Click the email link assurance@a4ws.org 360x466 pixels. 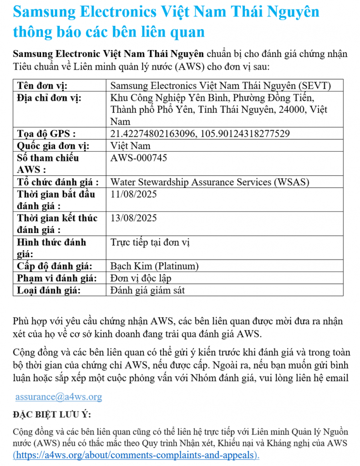point(59,397)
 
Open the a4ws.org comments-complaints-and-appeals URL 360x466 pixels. point(136,454)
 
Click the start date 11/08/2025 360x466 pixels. point(134,194)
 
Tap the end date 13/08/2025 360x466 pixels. point(134,218)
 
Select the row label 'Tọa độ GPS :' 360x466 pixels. point(46,134)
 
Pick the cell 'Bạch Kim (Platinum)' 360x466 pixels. point(155,266)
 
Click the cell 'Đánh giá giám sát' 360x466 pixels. point(148,289)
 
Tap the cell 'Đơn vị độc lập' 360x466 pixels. point(141,278)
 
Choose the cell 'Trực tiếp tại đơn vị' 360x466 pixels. point(150,242)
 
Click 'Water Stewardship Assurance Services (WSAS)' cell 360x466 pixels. point(210,182)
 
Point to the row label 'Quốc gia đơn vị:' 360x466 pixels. point(53,146)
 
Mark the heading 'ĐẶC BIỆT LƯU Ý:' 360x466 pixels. point(51,415)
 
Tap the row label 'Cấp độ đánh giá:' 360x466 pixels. point(54,266)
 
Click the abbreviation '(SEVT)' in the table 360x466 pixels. point(315,86)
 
